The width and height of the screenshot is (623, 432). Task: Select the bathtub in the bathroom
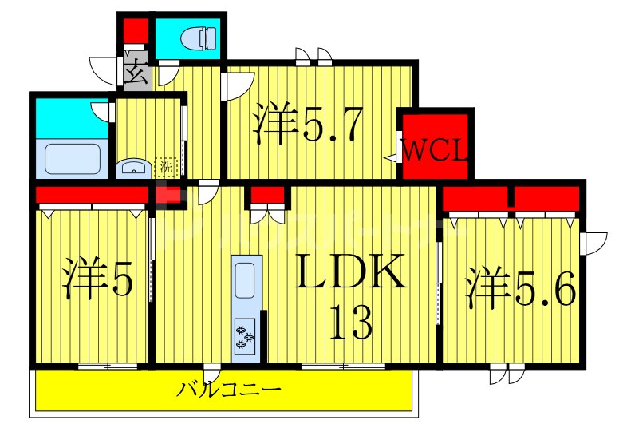point(73,157)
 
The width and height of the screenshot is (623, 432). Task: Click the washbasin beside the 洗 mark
point(132,168)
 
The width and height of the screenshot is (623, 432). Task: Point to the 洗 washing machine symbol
point(165,167)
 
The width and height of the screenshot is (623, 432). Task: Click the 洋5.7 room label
point(309,124)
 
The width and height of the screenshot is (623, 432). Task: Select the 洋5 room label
point(97,277)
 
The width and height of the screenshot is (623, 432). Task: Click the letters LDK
point(352,274)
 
